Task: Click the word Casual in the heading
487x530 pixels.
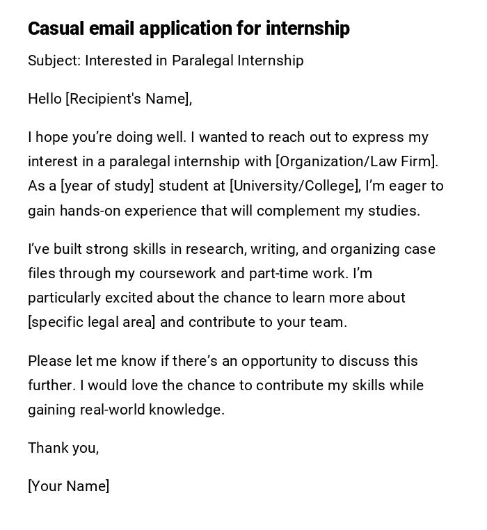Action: pos(56,29)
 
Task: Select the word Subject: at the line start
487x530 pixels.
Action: pos(54,61)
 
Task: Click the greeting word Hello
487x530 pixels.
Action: pos(45,99)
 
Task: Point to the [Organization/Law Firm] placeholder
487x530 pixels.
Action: pos(356,161)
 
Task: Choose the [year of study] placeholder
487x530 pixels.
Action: pos(107,186)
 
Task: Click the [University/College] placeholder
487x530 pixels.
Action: pos(294,186)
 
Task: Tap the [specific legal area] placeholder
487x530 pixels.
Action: pos(91,322)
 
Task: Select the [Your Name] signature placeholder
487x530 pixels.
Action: pos(68,486)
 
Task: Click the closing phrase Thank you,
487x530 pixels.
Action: pos(63,448)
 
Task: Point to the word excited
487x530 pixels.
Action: pos(129,298)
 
